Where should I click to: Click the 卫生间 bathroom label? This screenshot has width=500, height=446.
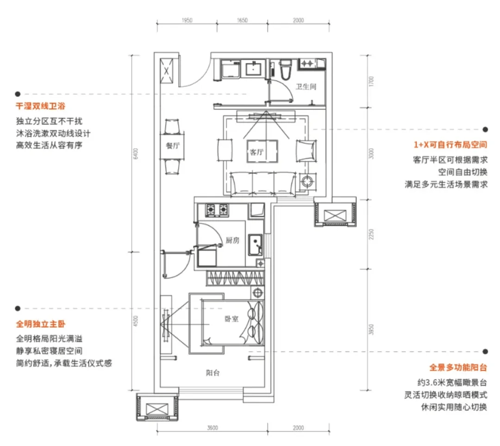click(306, 87)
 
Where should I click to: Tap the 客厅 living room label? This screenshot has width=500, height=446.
click(257, 152)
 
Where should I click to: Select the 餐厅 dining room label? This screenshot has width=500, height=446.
click(173, 146)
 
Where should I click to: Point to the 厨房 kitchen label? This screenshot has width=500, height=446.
click(232, 240)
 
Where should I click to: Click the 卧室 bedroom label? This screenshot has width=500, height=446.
click(232, 319)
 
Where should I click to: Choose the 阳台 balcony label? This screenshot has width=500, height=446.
click(213, 373)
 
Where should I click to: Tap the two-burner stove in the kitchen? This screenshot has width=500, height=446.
click(217, 210)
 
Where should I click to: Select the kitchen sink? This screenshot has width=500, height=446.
click(255, 245)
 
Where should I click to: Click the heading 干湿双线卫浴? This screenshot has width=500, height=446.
click(40, 106)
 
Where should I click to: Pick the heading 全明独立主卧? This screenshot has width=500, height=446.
click(41, 324)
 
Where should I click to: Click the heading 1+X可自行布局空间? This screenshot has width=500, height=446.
click(450, 145)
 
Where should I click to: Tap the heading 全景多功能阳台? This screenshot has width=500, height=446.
click(458, 367)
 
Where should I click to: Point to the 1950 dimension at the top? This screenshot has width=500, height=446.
click(187, 20)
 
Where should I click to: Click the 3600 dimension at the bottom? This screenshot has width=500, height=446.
click(212, 428)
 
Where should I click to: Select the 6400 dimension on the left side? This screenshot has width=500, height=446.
click(135, 154)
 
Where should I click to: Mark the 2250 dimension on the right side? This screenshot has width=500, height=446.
click(371, 234)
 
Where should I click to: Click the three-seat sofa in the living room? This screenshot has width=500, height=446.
click(263, 184)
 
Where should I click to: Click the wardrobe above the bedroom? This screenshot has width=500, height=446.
click(235, 278)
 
